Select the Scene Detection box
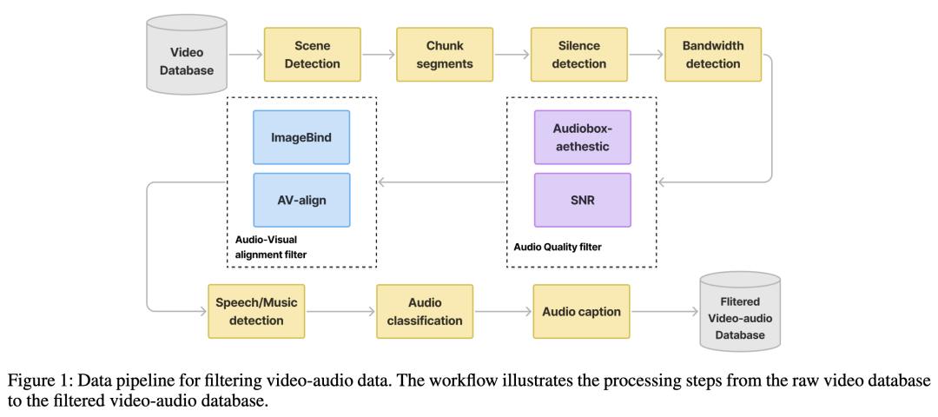pos(313,55)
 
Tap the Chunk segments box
pos(445,55)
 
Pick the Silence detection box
pos(579,55)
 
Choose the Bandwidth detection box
pos(713,55)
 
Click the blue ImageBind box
pos(301,137)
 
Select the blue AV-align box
pos(301,200)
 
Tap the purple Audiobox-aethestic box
pos(583,137)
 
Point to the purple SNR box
pos(583,200)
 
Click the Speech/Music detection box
pos(256,311)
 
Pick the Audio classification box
pos(425,311)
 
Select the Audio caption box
pos(581,311)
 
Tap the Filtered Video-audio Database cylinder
pos(740,311)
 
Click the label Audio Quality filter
pos(558,246)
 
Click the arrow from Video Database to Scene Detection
pos(245,55)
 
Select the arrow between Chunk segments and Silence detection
pos(512,55)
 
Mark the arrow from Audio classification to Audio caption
pos(503,311)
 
